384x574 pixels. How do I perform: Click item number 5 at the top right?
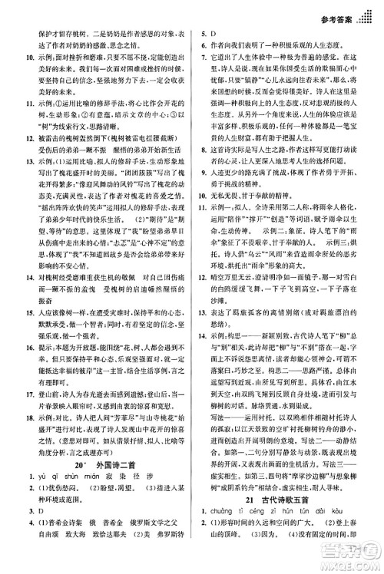click(x=203, y=34)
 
